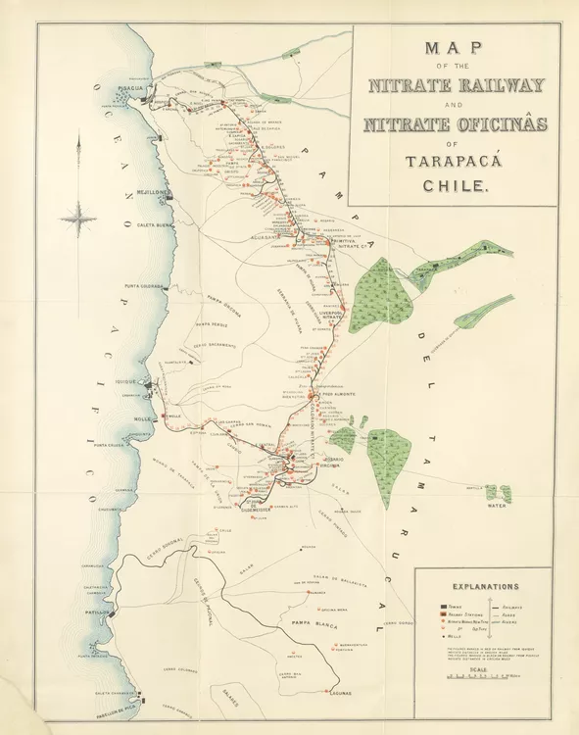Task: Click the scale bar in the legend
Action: coord(479,677)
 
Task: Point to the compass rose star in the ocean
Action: coord(79,217)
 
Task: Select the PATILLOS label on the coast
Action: coord(96,612)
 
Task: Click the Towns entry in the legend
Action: coord(448,608)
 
